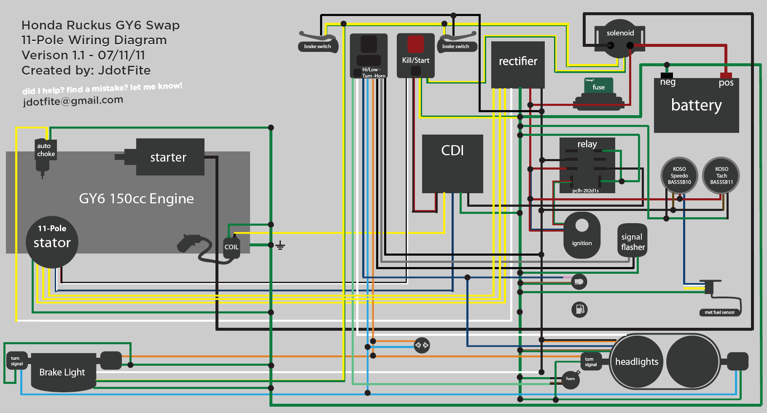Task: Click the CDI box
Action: click(x=452, y=164)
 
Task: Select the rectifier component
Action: click(x=518, y=64)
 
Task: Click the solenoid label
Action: click(x=620, y=33)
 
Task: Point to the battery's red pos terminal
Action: click(x=726, y=76)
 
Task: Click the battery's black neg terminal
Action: click(x=667, y=76)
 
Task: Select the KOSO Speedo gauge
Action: click(x=679, y=175)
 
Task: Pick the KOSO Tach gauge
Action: click(x=721, y=175)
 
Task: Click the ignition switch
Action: click(x=582, y=235)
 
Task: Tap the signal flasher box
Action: click(x=632, y=242)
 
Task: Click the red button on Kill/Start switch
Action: click(x=415, y=44)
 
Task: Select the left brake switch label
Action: click(x=318, y=46)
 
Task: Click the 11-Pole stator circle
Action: click(x=52, y=242)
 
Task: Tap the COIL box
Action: click(x=231, y=247)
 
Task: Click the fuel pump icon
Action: click(x=579, y=309)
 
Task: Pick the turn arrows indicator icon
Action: click(x=422, y=345)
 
